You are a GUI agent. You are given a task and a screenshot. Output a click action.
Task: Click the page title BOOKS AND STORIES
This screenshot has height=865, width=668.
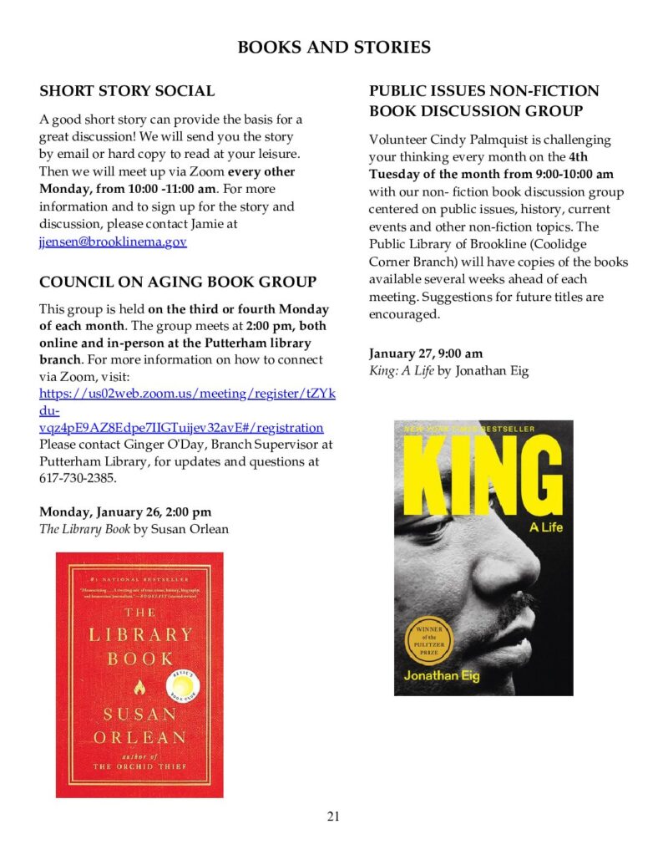point(334,47)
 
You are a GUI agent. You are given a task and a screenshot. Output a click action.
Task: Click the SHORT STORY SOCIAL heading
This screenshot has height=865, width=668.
point(127,91)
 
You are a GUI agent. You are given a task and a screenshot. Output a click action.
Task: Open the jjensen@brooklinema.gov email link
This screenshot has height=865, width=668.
point(113,242)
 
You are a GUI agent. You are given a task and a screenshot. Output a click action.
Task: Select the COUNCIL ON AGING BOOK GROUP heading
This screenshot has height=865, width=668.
point(178,282)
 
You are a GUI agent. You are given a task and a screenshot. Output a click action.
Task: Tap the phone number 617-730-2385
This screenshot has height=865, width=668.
point(78,480)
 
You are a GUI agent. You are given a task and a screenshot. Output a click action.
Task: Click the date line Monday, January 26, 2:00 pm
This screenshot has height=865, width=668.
point(125,511)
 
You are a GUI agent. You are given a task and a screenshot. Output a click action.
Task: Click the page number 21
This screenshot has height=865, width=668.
point(333,817)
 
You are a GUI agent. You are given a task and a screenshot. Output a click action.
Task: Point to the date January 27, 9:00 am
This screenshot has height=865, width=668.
point(426,354)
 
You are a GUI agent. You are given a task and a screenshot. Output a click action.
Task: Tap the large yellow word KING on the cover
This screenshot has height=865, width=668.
point(483,476)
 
